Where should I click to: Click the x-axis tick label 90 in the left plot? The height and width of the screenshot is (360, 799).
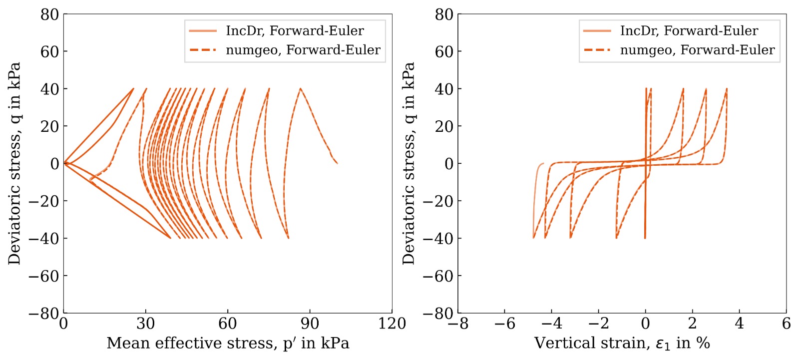[x=310, y=324]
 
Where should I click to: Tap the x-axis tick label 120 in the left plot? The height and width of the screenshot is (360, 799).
[x=392, y=324]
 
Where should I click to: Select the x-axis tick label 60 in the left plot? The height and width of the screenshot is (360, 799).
[x=228, y=324]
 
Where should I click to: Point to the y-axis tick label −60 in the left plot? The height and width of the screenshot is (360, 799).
[x=43, y=276]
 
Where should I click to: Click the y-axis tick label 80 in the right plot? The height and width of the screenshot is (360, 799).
[x=444, y=14]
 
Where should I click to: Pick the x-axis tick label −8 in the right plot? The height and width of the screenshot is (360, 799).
[x=458, y=324]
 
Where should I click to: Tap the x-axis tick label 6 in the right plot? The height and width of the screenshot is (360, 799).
[x=786, y=324]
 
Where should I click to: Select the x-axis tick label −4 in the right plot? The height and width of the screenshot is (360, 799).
[x=552, y=324]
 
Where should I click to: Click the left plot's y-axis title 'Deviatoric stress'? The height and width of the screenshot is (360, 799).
[x=14, y=163]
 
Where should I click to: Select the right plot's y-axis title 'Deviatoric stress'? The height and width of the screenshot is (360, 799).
[x=409, y=163]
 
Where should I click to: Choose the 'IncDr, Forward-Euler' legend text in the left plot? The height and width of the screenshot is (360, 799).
[x=295, y=31]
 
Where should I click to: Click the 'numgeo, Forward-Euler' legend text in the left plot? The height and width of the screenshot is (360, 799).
[x=303, y=50]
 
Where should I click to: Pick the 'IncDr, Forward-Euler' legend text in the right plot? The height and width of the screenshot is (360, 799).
[x=689, y=31]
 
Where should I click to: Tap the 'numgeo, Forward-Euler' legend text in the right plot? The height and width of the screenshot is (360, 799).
[x=698, y=50]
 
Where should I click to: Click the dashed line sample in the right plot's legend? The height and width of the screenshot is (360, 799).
[x=597, y=50]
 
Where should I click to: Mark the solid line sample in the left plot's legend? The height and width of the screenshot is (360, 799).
[x=203, y=31]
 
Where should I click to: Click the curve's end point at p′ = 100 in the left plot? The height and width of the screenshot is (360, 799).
[x=337, y=163]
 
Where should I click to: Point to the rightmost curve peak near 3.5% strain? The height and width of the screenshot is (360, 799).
[x=727, y=89]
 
